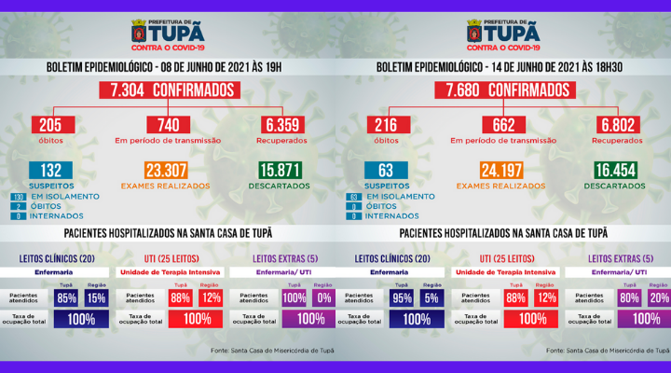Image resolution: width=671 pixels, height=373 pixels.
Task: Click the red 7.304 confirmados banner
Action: pyautogui.click(x=168, y=90)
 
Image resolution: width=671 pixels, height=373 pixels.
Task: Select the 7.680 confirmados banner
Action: pyautogui.click(x=503, y=90)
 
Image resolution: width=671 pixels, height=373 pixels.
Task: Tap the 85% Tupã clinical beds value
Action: pyautogui.click(x=66, y=298)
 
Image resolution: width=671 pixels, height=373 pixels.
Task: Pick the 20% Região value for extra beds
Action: pyautogui.click(x=659, y=298)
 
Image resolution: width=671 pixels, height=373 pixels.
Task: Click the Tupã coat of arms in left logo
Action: pyautogui.click(x=139, y=33)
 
